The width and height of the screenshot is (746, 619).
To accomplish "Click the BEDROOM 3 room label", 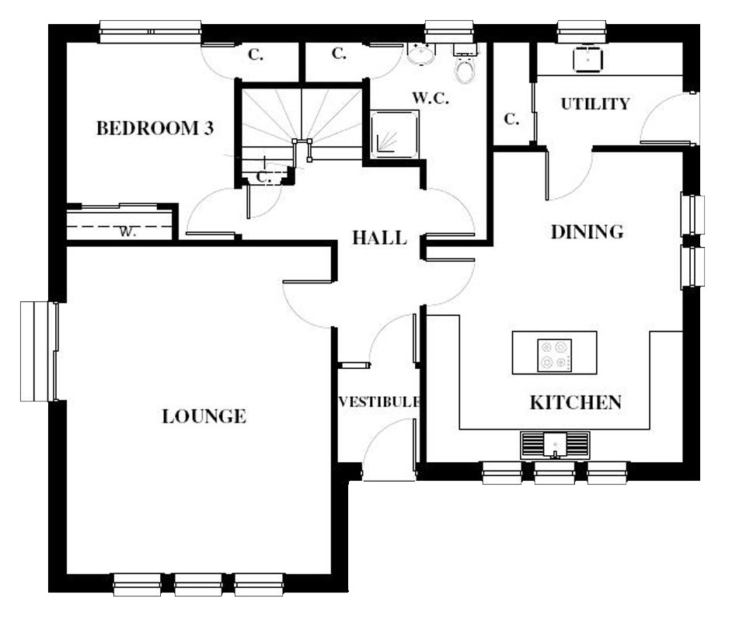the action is pos(155,128).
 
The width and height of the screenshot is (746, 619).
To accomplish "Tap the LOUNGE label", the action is pos(204,416).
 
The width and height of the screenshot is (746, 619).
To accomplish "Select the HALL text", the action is pos(380,238).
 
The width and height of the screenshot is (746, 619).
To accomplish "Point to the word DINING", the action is pos(587,231).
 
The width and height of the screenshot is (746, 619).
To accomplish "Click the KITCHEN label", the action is pos(576,402).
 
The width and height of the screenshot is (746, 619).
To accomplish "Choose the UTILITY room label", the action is pos(595,103).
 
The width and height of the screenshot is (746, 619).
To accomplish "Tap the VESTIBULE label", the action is pos(379,402).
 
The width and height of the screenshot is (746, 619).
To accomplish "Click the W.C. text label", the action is pos(431,98).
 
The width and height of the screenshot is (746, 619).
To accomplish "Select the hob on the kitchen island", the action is pos(555,355).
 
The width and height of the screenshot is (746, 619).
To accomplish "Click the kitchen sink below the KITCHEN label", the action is pos(555,446).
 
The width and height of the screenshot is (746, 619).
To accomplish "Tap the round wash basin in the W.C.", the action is pos(421,54).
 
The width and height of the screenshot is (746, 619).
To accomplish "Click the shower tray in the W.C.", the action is pos(395,134).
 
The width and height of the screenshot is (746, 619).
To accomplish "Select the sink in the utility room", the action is pos(588,58).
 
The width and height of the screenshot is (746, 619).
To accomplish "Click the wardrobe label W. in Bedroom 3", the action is pos(127,231).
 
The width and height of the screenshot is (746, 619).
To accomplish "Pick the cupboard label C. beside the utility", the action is pos(511,119).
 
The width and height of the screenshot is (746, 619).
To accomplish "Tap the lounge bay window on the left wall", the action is pos(39,351).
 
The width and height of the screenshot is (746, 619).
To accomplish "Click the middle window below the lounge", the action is pos(198,584).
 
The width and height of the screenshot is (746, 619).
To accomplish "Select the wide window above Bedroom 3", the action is pos(150,32).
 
